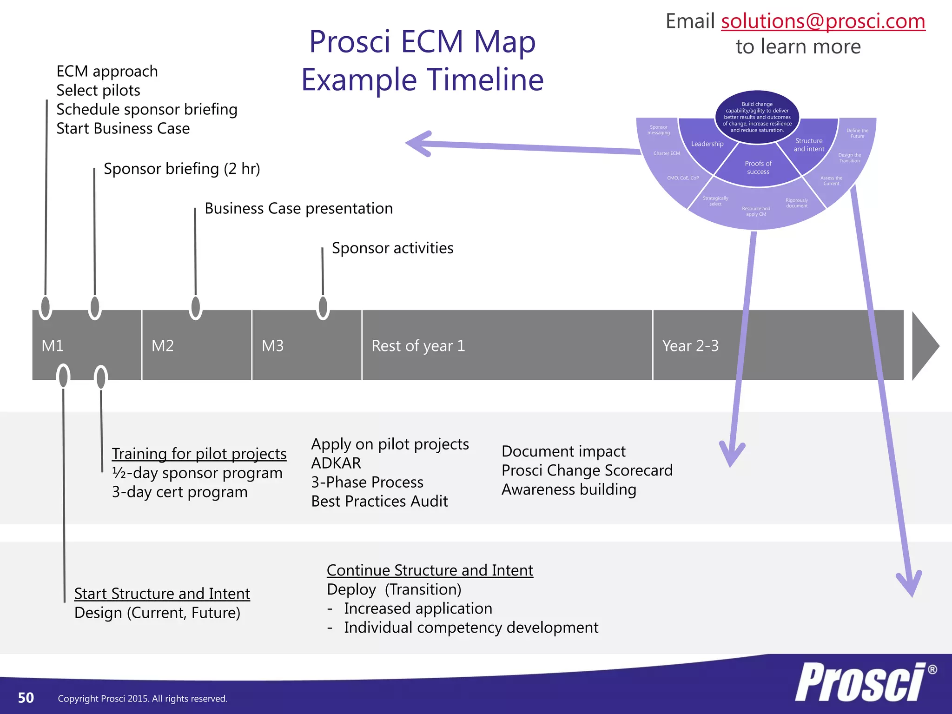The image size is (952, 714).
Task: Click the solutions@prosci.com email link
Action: pos(823,21)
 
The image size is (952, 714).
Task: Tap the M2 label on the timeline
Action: pos(163,346)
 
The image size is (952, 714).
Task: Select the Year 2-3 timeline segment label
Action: pos(690,346)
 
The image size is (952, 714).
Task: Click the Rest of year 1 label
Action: pos(418,346)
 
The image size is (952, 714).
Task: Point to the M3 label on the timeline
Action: pos(273,346)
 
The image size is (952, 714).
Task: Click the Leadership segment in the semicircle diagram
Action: pos(707,144)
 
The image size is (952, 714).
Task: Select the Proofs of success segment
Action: pos(758,167)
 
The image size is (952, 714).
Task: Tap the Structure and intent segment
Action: pos(809,145)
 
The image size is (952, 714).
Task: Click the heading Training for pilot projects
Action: pos(199,454)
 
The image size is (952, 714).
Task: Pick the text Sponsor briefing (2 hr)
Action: pos(182,169)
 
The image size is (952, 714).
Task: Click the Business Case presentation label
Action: pos(298,209)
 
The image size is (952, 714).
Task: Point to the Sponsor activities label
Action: pos(392,248)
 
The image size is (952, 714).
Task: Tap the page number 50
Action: pos(26,698)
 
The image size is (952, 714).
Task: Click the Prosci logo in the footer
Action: pos(862,682)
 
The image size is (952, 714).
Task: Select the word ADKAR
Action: pos(336,463)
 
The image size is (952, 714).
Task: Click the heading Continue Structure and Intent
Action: pos(430,570)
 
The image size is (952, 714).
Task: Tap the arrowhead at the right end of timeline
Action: pos(924,346)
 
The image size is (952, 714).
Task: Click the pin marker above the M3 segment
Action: pos(323,307)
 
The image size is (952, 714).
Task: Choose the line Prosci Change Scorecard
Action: pos(587,470)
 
